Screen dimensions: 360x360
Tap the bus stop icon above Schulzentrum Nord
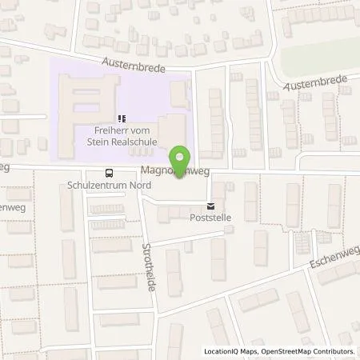coord(109,172)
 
